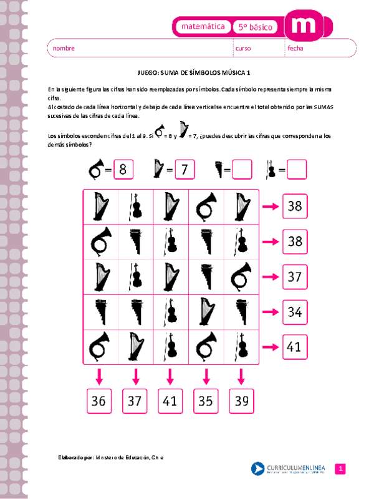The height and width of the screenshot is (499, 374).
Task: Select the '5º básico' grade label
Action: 256,27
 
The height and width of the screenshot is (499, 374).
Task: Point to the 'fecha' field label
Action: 295,48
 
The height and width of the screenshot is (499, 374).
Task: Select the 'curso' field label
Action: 243,48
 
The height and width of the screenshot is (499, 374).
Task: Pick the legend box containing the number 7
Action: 184,169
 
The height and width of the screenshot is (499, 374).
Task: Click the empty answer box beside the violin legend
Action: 297,169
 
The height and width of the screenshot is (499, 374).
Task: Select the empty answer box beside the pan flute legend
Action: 242,169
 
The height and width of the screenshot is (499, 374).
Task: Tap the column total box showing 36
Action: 98,402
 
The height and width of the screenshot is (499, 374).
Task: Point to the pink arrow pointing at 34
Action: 271,310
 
